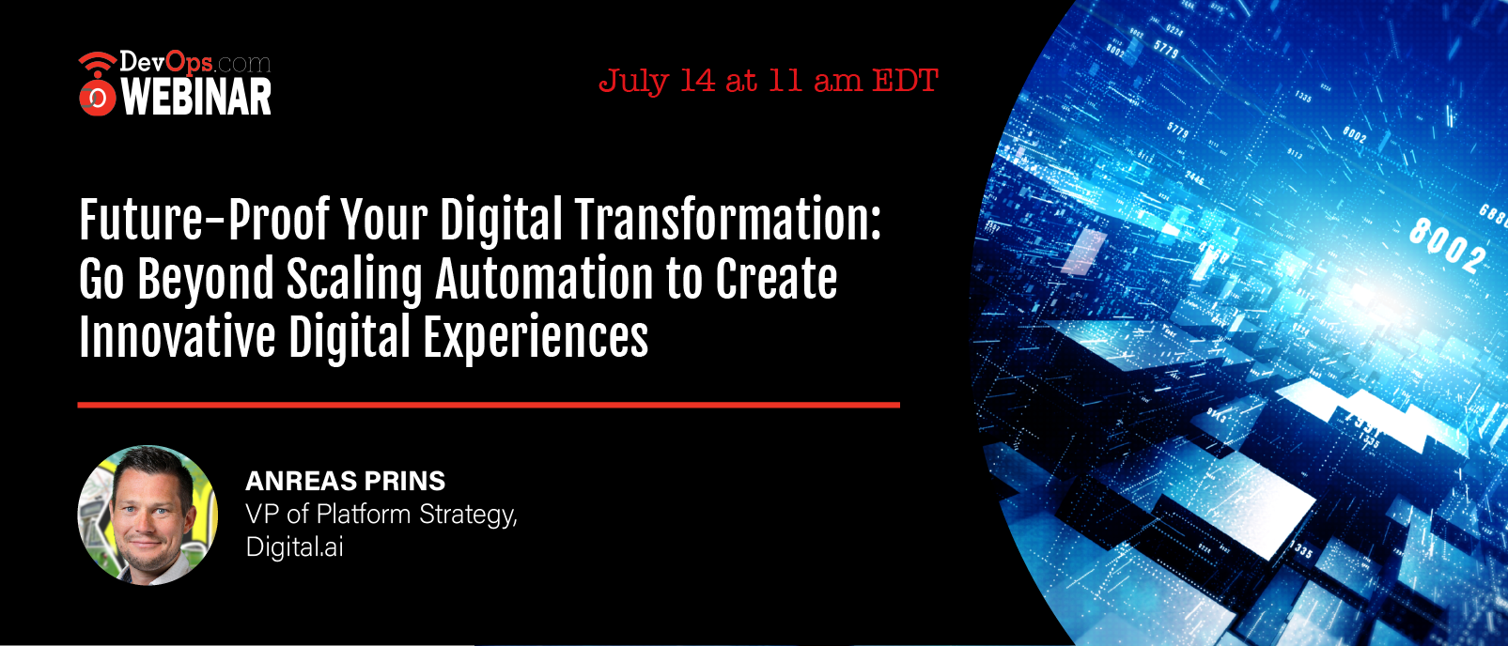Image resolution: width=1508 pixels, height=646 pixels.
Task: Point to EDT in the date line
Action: coord(906,81)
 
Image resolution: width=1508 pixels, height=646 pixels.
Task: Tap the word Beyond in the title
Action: coord(206,278)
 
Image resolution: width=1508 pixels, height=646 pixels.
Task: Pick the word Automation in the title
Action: coord(544,278)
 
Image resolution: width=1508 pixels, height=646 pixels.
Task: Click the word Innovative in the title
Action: coord(178,336)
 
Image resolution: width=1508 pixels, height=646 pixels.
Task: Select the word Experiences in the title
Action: coord(536,338)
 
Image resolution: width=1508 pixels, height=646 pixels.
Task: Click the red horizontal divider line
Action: coord(489,405)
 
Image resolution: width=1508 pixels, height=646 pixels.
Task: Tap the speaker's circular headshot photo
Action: coord(148,515)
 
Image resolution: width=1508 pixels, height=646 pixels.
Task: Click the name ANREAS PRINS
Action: coord(346,481)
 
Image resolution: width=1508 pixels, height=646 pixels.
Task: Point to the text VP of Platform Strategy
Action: coord(381,515)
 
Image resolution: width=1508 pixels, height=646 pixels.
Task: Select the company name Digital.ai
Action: coord(294,546)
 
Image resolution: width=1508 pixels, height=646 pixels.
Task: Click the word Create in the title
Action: coord(776,278)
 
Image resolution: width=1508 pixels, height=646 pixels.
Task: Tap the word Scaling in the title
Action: coord(355,278)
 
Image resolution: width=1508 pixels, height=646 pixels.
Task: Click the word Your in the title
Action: coord(383,220)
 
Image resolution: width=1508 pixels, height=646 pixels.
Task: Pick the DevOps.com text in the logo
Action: coord(195,63)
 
